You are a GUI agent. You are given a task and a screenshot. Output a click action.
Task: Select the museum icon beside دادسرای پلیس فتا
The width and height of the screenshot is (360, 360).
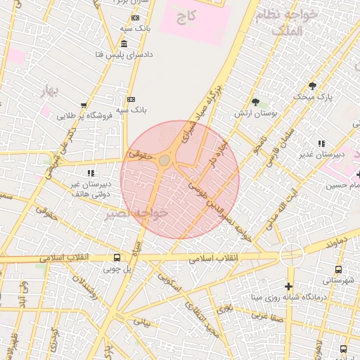(124, 44)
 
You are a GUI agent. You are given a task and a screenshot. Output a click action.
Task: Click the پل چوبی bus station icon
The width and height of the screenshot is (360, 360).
(116, 257)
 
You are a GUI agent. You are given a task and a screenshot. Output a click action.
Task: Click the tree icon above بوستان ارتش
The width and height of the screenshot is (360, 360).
(256, 102)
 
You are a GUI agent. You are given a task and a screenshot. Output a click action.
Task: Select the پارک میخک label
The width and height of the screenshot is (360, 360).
(314, 96)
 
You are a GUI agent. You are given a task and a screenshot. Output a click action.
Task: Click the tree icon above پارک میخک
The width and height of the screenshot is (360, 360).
(312, 85)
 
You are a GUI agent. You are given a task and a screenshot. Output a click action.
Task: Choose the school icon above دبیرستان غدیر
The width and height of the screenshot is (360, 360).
(321, 143)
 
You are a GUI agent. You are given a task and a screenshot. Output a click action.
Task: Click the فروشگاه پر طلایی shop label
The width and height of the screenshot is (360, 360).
(85, 115)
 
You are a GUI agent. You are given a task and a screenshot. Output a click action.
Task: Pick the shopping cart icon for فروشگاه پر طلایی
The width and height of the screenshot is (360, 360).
(84, 105)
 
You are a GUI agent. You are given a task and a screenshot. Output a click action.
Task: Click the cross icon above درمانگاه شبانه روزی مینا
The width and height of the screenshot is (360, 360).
(288, 286)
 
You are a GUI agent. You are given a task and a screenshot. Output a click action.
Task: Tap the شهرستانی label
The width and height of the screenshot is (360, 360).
(340, 280)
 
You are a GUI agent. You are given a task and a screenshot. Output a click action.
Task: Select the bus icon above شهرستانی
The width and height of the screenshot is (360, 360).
(339, 269)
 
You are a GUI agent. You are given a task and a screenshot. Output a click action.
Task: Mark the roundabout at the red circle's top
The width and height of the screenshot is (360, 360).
(165, 161)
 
